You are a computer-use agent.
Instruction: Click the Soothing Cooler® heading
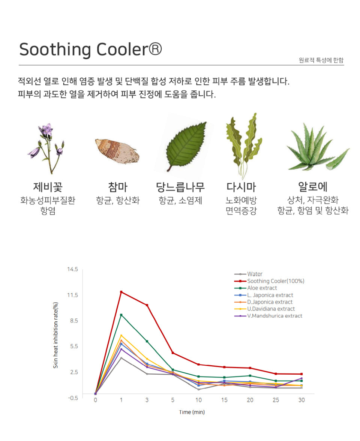[90, 49]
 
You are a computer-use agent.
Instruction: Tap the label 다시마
[241, 187]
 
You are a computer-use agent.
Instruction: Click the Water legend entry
[255, 274]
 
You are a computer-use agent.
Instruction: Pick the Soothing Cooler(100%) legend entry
[275, 281]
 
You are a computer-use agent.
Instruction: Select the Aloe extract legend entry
[262, 288]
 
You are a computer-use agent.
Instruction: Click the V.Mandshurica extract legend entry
[274, 316]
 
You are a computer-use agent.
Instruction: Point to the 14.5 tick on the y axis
[73, 269]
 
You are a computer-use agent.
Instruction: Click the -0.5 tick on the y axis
[73, 398]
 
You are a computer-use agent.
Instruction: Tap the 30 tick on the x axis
[301, 400]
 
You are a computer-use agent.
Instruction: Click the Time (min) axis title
[192, 412]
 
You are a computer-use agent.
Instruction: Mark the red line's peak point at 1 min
[121, 292]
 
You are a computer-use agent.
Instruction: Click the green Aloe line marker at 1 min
[121, 315]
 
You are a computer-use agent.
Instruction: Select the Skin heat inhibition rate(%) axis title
[55, 335]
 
